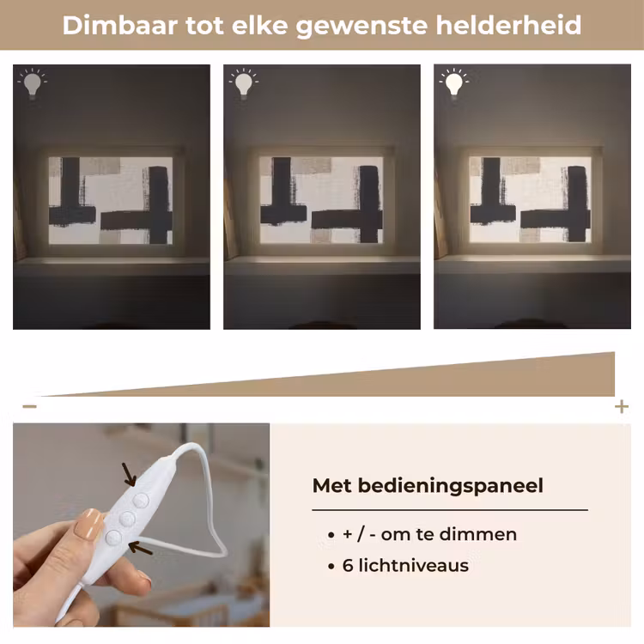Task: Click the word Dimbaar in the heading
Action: pyautogui.click(x=120, y=25)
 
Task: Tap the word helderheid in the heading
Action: pyautogui.click(x=508, y=25)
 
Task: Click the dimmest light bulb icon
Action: pyautogui.click(x=33, y=83)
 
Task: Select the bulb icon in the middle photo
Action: pyautogui.click(x=244, y=83)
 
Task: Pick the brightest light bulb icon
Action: pyautogui.click(x=454, y=83)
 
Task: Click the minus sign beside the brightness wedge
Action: pyautogui.click(x=29, y=407)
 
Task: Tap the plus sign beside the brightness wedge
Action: pyautogui.click(x=622, y=407)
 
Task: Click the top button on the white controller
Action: pyautogui.click(x=141, y=501)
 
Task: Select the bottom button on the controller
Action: pyautogui.click(x=113, y=538)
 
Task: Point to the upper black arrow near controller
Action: pyautogui.click(x=130, y=474)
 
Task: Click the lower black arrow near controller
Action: pyautogui.click(x=141, y=548)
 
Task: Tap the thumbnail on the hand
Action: pyautogui.click(x=88, y=524)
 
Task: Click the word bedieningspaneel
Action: pyautogui.click(x=451, y=486)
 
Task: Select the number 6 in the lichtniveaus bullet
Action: pyautogui.click(x=348, y=566)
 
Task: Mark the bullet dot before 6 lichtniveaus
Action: pyautogui.click(x=331, y=567)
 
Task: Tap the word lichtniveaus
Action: pyautogui.click(x=414, y=566)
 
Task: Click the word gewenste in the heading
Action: pyautogui.click(x=361, y=26)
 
